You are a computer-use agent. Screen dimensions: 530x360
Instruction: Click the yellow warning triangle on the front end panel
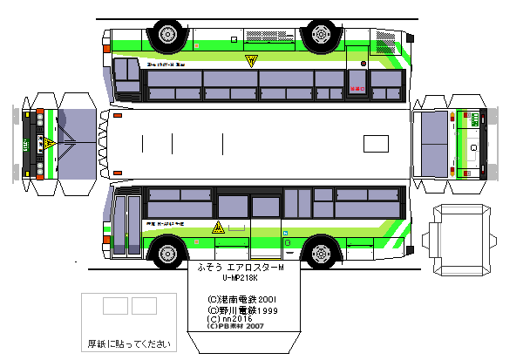(x=51, y=142)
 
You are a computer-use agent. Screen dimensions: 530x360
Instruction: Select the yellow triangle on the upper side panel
(x=251, y=61)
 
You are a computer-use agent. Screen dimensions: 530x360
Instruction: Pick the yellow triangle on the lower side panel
(x=218, y=228)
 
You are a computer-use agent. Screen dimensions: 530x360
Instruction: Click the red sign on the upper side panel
(x=355, y=88)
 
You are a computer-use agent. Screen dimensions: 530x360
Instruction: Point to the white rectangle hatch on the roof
(x=377, y=143)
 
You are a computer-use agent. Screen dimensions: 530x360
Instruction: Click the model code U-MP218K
(x=241, y=279)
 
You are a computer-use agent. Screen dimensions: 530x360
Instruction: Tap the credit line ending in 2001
(x=241, y=298)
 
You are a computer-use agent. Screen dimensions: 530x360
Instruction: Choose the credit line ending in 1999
(x=241, y=309)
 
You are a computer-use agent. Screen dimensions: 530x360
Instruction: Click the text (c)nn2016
(x=229, y=319)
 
